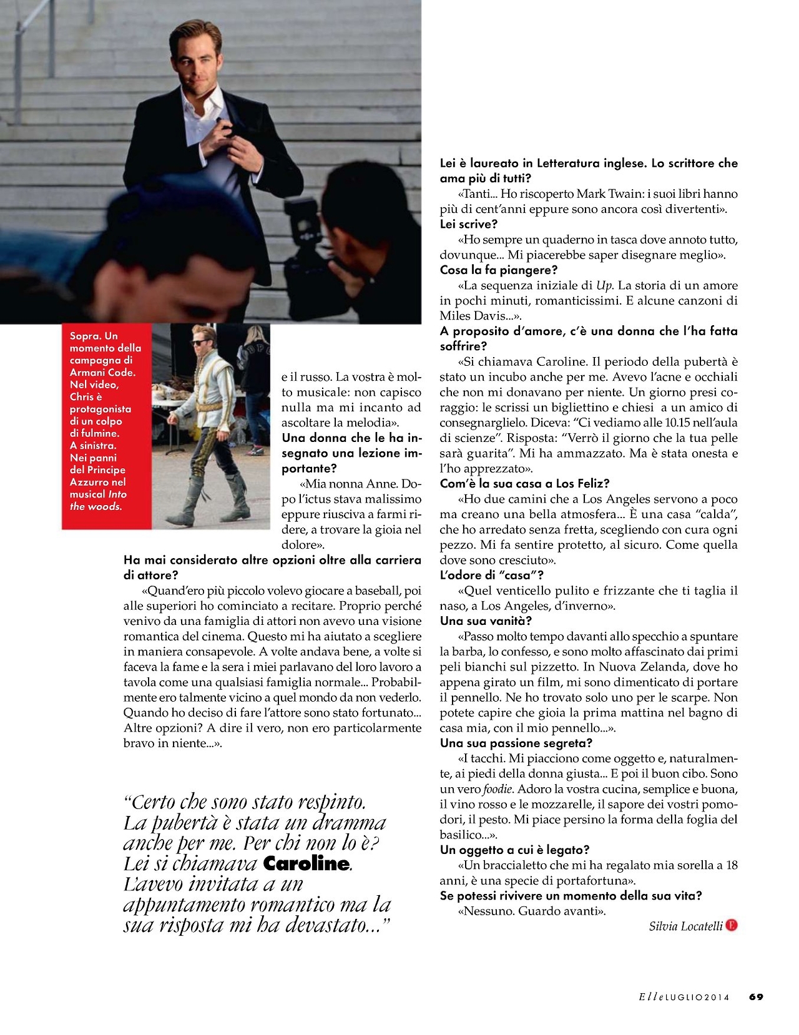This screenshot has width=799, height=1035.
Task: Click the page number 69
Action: click(x=756, y=997)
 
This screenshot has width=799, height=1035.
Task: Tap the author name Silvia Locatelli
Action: click(x=685, y=926)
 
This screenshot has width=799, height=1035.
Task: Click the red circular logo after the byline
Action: click(x=732, y=925)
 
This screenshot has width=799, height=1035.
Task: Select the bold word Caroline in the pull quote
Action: click(x=306, y=863)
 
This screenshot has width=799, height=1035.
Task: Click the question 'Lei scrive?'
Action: click(x=469, y=224)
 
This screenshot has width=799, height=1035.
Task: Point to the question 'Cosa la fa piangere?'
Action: click(x=498, y=270)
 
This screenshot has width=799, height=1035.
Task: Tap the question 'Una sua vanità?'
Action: click(x=486, y=621)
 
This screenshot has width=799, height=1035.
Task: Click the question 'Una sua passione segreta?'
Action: click(x=516, y=743)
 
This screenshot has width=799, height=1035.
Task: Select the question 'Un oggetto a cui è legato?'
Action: click(x=514, y=850)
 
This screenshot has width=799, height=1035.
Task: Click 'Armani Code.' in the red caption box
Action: click(x=102, y=372)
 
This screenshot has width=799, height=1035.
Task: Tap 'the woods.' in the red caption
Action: click(x=96, y=506)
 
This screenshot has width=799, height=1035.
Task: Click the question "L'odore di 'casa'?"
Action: click(x=491, y=575)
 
